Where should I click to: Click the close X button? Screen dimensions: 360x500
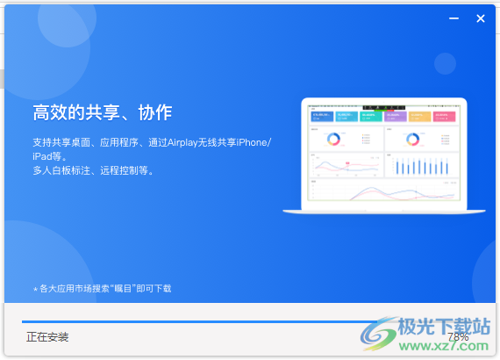(480, 18)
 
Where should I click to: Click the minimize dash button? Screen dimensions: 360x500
(454, 18)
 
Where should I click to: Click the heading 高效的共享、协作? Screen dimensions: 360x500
(102, 112)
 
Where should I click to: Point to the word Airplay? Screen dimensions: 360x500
(190, 142)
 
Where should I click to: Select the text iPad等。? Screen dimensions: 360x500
(52, 156)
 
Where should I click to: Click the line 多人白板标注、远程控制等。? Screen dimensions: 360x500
(93, 170)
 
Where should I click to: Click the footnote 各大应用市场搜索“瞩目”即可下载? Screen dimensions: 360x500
(104, 288)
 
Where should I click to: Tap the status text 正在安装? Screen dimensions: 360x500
(47, 336)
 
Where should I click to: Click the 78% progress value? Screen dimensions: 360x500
(458, 337)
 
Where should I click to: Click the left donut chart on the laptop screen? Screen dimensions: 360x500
(333, 138)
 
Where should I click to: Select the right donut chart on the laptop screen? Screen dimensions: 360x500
(409, 138)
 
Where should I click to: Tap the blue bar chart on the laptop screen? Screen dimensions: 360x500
(422, 165)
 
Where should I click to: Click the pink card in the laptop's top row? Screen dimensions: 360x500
(446, 116)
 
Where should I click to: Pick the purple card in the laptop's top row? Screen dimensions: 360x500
(396, 116)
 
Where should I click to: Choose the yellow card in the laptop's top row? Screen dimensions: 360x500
(420, 116)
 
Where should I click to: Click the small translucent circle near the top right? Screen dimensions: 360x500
(445, 62)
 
